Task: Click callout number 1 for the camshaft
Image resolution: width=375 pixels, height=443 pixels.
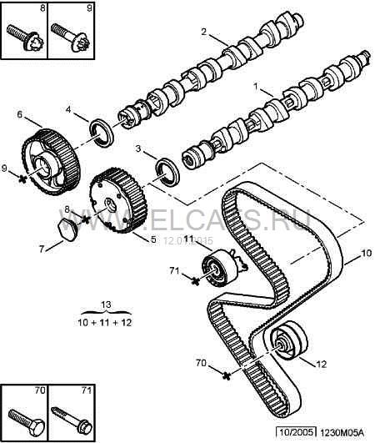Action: click(x=257, y=86)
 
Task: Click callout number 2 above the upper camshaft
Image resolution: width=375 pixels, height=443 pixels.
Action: click(x=202, y=32)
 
